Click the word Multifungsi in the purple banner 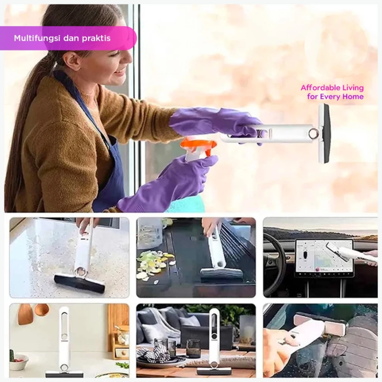(x=37, y=38)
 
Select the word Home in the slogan (x=353, y=97)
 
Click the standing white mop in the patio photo (x=213, y=341)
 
